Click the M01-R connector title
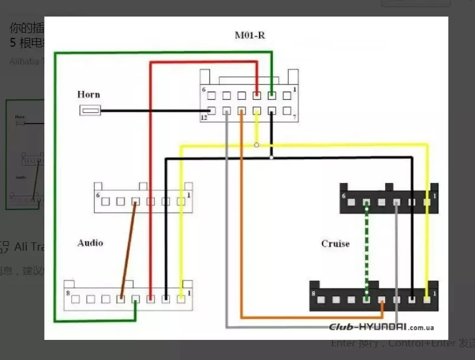coord(250,35)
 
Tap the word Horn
coord(89,95)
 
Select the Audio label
coord(90,243)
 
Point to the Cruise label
coord(335,244)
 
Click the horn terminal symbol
coord(90,110)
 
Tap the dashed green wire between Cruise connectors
coord(367,248)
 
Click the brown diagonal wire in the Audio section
coord(128,248)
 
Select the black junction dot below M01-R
coord(271,157)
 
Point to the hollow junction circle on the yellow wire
coord(256,145)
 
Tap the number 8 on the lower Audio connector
coord(69,292)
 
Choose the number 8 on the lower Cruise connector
coord(314,292)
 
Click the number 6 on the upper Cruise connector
coord(344,196)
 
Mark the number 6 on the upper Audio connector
coord(98,194)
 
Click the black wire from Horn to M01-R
coord(154,111)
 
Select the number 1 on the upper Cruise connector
coord(434,196)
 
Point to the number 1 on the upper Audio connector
coord(189,194)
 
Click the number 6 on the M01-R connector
coord(203,90)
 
